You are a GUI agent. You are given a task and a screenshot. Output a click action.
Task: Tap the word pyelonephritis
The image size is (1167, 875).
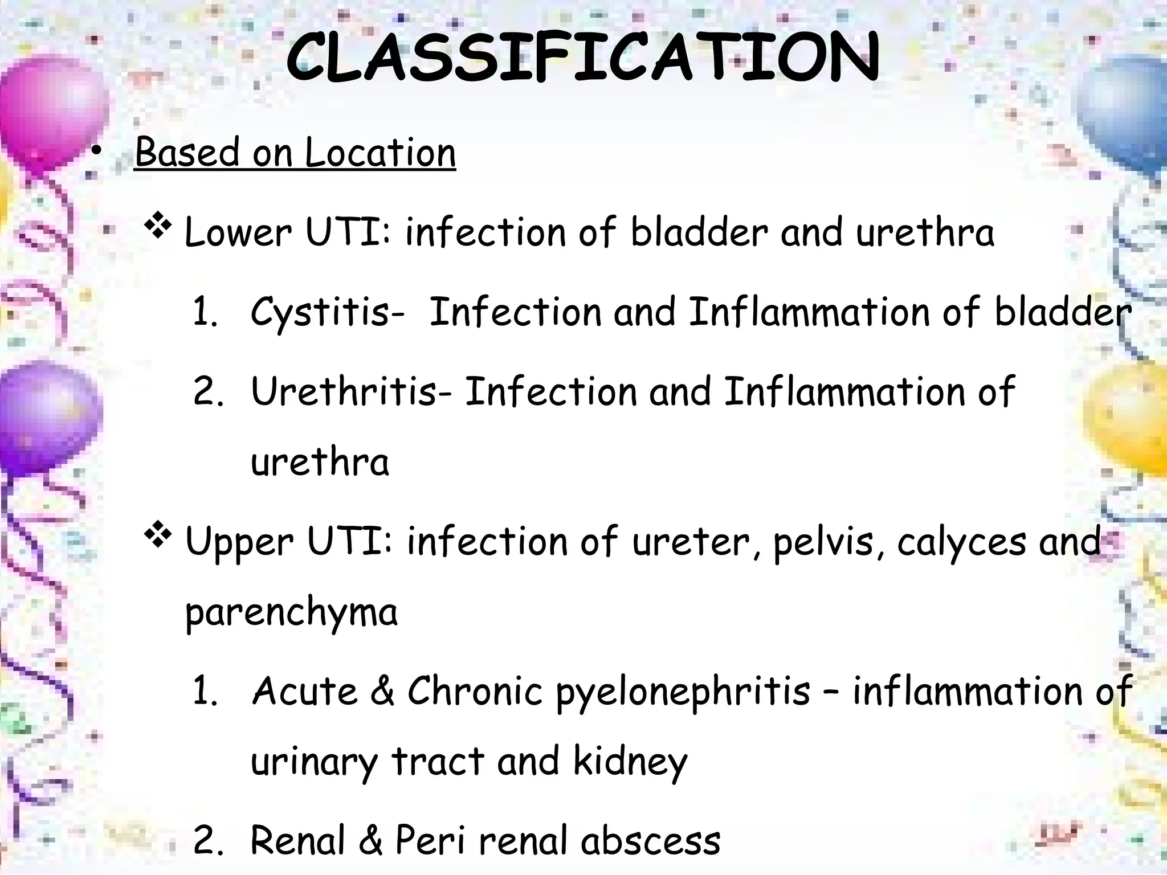[683, 692]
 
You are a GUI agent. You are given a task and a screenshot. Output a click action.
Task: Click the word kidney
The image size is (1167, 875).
[630, 762]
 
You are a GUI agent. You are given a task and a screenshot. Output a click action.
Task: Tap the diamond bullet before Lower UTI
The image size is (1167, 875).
[158, 227]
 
